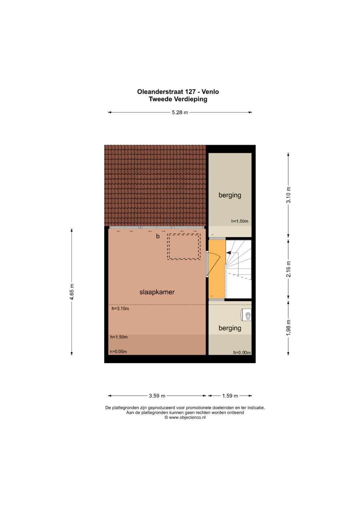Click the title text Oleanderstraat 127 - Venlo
coord(178,92)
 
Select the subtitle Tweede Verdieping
coord(178,99)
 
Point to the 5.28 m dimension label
coord(180,112)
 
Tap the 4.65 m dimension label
coord(72,292)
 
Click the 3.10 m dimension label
coord(288,195)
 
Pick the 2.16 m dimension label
coord(288,269)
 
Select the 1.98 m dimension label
coord(288,327)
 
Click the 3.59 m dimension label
coord(157,396)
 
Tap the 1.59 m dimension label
coord(230,396)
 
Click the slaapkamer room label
coord(157,292)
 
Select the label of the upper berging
coord(230,195)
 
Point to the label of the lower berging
coord(230,328)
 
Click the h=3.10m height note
coord(120,309)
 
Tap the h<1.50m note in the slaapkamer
coord(119,337)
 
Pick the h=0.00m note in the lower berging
coord(242,353)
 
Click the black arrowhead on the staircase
coord(228,252)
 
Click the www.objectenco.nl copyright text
coord(185,417)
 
